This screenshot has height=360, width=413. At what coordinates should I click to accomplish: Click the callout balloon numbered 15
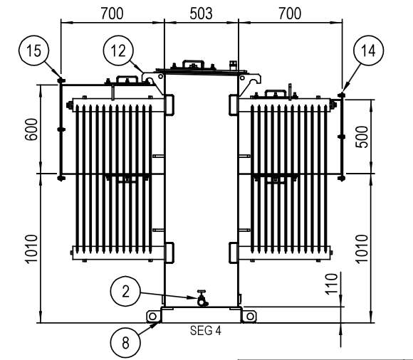(x=33, y=50)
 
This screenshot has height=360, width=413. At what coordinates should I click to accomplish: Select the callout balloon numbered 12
(x=118, y=51)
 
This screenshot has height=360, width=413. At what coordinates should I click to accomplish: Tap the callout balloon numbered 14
(x=368, y=51)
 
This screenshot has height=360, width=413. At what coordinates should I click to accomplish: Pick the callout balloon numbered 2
(x=125, y=291)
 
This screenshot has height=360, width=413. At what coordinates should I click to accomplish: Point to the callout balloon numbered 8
(x=125, y=343)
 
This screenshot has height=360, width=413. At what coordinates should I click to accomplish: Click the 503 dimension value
(x=201, y=14)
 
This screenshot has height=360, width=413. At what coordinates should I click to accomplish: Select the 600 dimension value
(x=31, y=129)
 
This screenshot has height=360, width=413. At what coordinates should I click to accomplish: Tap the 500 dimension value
(x=362, y=137)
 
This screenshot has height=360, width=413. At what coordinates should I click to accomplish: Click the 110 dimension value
(x=331, y=284)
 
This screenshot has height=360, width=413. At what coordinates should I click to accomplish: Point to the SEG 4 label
(x=206, y=331)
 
